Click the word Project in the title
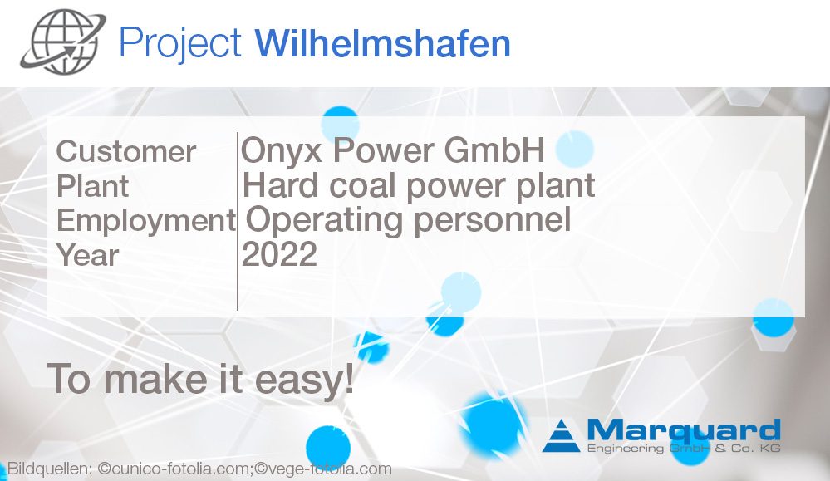180,42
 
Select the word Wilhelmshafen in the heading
382,42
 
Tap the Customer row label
126,152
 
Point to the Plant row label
92,186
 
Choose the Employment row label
145,221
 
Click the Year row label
87,255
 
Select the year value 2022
279,254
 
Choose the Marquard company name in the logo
683,431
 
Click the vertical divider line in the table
238,220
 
